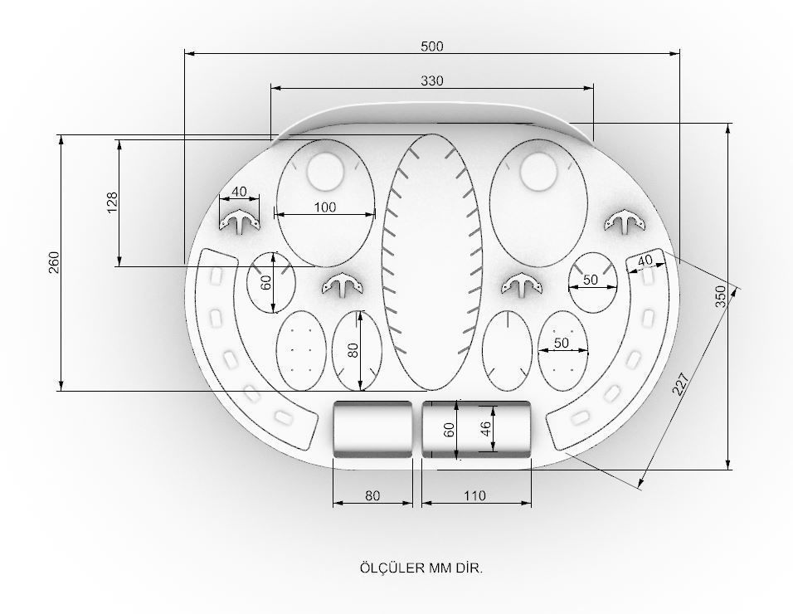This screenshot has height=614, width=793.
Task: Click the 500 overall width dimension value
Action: coord(431,46)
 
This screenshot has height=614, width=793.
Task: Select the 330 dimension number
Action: coord(431,80)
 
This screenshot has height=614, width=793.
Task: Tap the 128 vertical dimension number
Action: coord(113,202)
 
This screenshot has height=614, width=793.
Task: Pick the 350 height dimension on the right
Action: coord(721,296)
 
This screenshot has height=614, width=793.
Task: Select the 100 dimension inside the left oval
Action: coord(325,207)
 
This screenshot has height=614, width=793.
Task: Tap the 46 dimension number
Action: coord(486,429)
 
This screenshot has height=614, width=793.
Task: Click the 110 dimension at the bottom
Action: coord(474,496)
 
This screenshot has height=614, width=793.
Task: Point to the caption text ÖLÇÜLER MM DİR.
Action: coord(421,568)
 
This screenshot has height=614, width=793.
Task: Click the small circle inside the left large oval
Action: coord(326,171)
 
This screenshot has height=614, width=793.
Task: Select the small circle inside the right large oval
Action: coord(540,171)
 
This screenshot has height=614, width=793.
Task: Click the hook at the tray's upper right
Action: coord(625,222)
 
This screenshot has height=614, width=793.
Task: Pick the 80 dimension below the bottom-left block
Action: coord(372,496)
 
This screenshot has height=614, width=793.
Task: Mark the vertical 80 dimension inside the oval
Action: coord(353,350)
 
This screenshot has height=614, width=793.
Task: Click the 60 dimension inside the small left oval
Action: coord(265,282)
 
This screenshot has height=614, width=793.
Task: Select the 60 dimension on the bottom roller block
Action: coord(449,429)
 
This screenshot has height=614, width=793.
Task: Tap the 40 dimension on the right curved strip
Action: coord(645,261)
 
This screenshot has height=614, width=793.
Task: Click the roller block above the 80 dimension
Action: coord(372,428)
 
